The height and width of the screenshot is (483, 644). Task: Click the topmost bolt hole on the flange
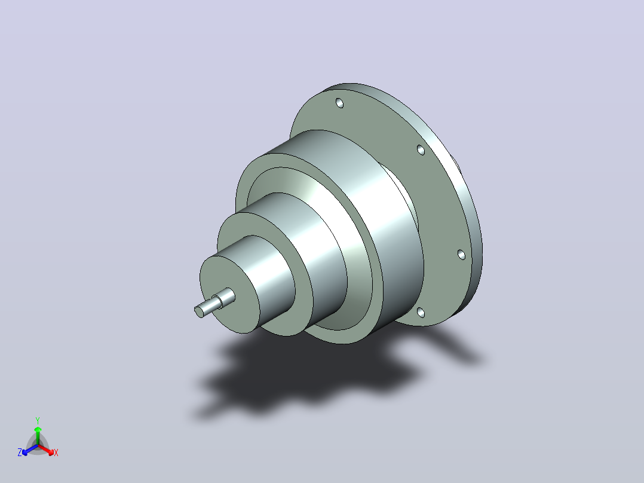coord(340,103)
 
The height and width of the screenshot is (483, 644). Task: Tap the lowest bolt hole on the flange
coord(421,313)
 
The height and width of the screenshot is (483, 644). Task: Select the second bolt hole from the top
coord(421,149)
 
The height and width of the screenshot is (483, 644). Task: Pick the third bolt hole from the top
coord(462,255)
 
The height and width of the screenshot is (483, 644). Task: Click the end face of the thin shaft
coord(199,312)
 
